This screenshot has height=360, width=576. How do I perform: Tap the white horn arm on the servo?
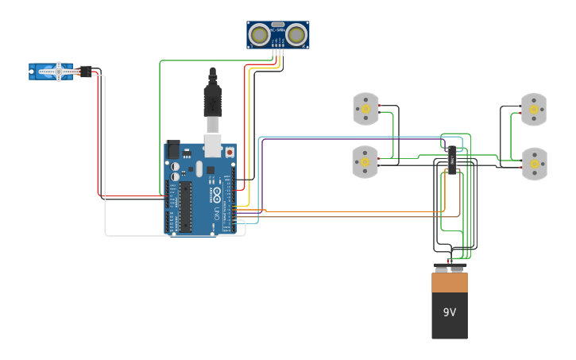pyautogui.click(x=57, y=72)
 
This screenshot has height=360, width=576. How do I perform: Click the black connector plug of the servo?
pyautogui.click(x=85, y=72)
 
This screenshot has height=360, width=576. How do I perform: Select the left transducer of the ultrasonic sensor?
pyautogui.click(x=259, y=34)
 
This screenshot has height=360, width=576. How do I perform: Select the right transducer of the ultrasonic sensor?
pyautogui.click(x=296, y=34)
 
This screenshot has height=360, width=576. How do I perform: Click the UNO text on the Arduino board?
pyautogui.click(x=217, y=214)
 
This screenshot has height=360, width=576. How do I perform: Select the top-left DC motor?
pyautogui.click(x=366, y=109)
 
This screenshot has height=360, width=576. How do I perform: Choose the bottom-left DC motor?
pyautogui.click(x=365, y=162)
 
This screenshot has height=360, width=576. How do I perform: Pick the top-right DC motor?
pyautogui.click(x=533, y=110)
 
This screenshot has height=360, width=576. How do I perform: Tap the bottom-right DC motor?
pyautogui.click(x=534, y=163)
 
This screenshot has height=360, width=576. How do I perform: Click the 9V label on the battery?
pyautogui.click(x=450, y=312)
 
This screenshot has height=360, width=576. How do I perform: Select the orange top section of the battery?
pyautogui.click(x=450, y=282)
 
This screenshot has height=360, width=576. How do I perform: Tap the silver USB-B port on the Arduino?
pyautogui.click(x=213, y=144)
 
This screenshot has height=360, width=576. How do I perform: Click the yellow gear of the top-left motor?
pyautogui.click(x=365, y=107)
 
